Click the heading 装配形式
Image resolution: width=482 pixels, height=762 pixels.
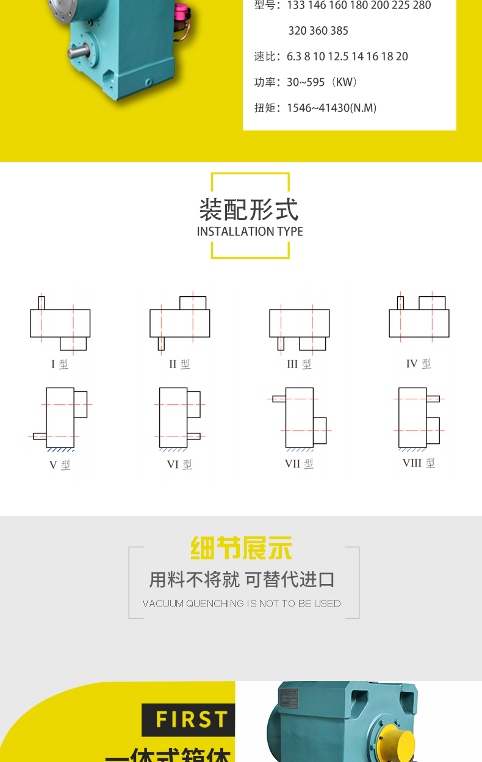click(250, 209)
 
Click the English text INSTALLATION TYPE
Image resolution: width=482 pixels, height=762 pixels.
click(250, 232)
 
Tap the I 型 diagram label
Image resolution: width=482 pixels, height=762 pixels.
click(60, 365)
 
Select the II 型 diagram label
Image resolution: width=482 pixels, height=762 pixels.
click(179, 364)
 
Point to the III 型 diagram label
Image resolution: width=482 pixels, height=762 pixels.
click(299, 364)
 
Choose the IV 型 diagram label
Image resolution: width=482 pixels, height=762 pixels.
click(419, 363)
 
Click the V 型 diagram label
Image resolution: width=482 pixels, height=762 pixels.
click(60, 465)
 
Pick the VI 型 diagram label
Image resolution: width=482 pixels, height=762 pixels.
click(179, 465)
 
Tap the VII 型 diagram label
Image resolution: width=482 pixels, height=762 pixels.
click(299, 464)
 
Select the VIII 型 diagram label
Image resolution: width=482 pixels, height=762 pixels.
click(419, 463)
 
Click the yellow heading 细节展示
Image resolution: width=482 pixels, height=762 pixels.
click(242, 548)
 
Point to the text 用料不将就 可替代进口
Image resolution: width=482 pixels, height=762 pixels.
click(242, 579)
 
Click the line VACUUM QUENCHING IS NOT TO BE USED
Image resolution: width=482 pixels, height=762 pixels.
click(242, 604)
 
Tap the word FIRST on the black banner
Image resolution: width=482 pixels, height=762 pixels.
click(192, 720)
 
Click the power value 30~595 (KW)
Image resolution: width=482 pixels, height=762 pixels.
click(322, 82)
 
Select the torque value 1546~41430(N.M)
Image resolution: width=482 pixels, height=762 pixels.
click(331, 108)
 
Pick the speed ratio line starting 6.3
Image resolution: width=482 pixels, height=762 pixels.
click(347, 56)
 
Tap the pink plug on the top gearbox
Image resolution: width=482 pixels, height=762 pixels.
click(182, 12)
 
